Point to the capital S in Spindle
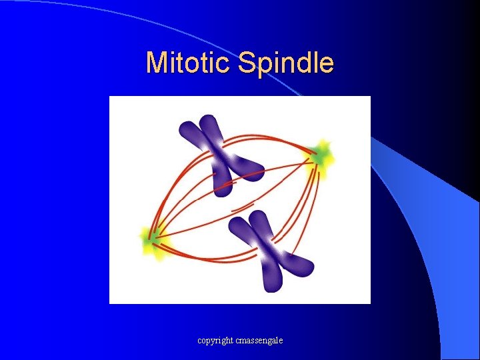coord(247,63)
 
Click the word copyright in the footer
coord(215,340)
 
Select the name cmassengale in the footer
coord(259,340)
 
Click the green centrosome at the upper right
coord(321,157)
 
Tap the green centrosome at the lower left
coord(152,237)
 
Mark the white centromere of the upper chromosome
coord(223,158)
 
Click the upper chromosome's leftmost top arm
coord(190,130)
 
